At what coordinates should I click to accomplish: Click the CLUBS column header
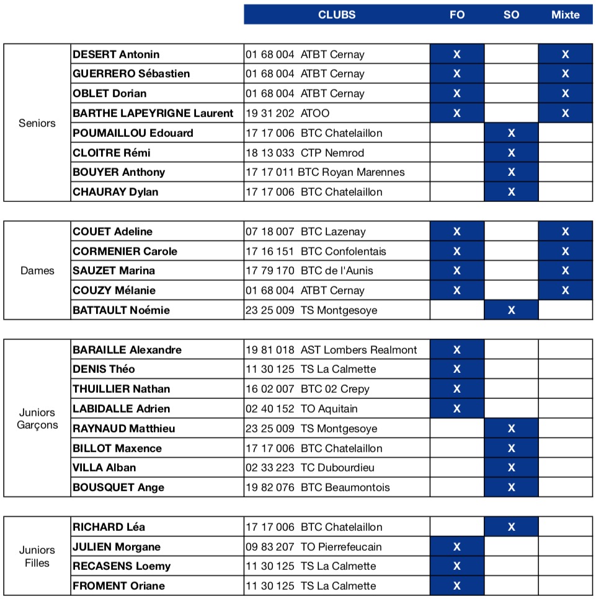coord(337,15)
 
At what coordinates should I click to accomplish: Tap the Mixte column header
coord(565,15)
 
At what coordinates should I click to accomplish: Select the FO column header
coord(456,15)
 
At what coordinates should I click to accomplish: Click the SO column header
coord(511,15)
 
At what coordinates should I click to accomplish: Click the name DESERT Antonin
coord(116,55)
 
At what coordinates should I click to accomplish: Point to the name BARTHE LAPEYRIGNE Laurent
coord(153,113)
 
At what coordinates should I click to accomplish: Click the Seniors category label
coord(37,123)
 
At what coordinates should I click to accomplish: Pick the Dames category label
coord(37,271)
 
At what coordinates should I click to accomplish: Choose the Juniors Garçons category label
coord(37,419)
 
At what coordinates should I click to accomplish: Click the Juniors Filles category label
coord(37,556)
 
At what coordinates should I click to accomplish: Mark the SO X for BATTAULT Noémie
coord(511,310)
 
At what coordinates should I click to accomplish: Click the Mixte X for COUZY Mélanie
coord(565,291)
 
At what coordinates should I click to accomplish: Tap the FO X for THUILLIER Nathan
coord(456,389)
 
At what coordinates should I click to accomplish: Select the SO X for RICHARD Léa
coord(511,527)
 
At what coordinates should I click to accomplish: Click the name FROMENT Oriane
coord(119,586)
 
